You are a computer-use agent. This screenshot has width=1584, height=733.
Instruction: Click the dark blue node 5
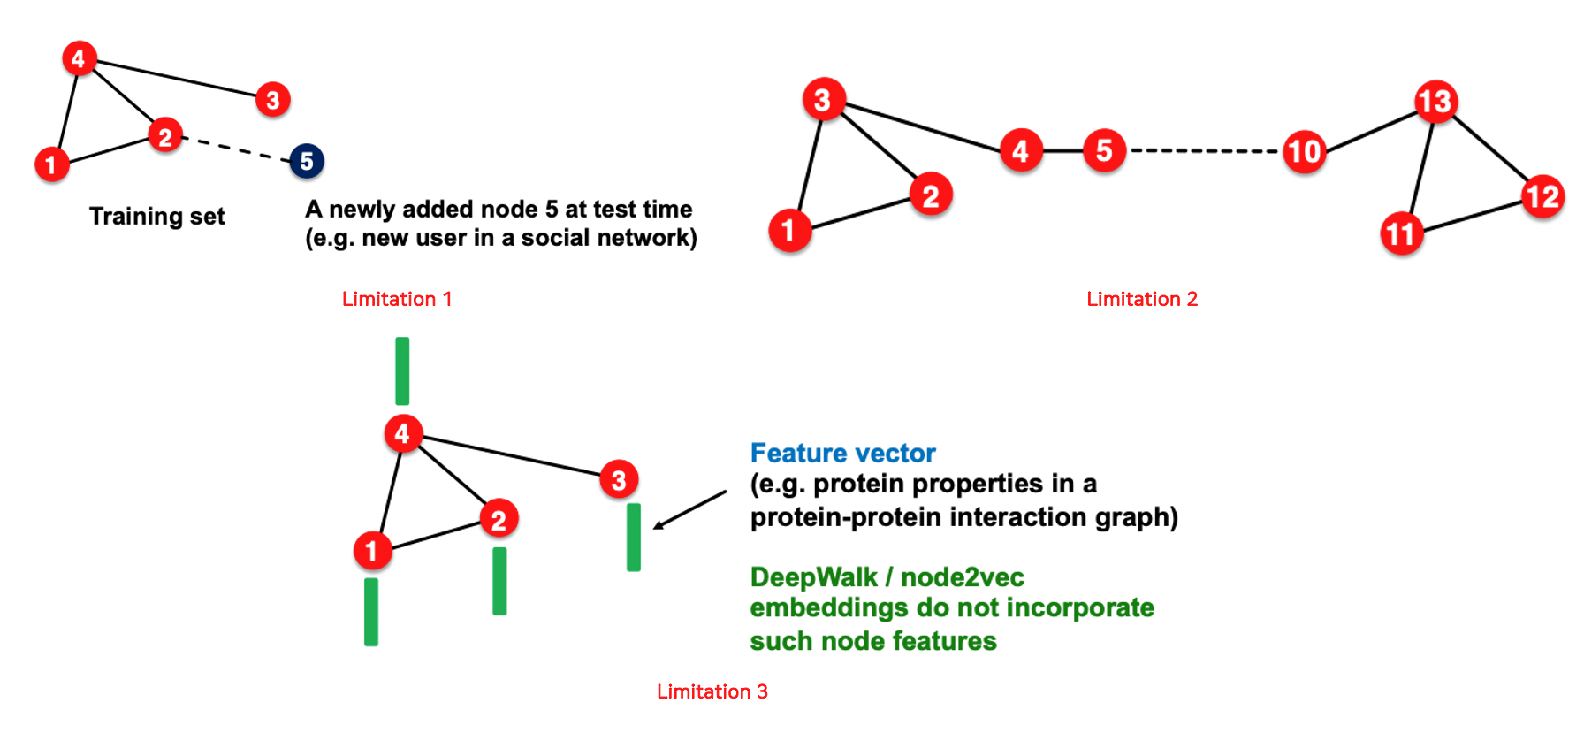(x=307, y=161)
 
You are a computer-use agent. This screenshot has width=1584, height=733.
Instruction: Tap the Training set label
(x=157, y=217)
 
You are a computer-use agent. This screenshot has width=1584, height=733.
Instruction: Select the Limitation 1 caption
(x=397, y=299)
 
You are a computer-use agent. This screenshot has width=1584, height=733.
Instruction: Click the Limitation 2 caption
(x=1142, y=299)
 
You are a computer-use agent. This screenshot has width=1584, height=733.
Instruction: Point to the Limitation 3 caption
(x=712, y=691)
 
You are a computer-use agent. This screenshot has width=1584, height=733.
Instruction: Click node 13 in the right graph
(x=1435, y=101)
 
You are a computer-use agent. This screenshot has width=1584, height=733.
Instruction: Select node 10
(x=1305, y=152)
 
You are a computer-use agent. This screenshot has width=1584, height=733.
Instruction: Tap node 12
(x=1542, y=196)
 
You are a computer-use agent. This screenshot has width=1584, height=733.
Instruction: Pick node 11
(x=1401, y=234)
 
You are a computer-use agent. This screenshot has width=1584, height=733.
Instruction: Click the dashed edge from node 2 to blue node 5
(x=237, y=149)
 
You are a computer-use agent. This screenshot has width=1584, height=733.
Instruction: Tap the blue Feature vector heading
(x=842, y=453)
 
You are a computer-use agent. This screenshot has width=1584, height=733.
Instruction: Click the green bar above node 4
(x=402, y=370)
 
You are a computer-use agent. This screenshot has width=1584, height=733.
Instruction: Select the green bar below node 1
(x=371, y=612)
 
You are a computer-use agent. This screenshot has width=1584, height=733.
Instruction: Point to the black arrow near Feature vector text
(x=689, y=510)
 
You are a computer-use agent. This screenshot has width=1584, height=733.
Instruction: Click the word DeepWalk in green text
(x=813, y=577)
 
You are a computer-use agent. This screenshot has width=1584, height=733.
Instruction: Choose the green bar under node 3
(x=634, y=537)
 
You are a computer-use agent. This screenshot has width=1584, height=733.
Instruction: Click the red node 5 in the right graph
(x=1104, y=151)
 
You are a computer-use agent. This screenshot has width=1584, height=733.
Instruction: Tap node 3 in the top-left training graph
(x=273, y=100)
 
